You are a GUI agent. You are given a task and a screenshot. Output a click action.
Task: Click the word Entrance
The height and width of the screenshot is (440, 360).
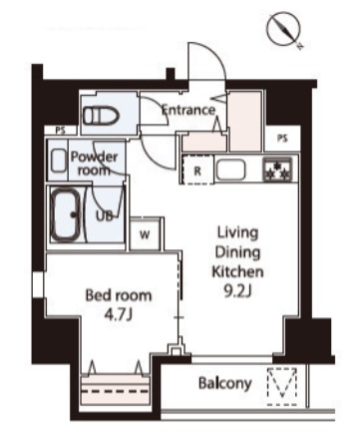[x=188, y=110]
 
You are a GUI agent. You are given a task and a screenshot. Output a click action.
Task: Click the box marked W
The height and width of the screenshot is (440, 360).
[x=146, y=235]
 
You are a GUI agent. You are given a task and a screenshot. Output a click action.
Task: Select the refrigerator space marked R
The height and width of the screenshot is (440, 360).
[x=197, y=171]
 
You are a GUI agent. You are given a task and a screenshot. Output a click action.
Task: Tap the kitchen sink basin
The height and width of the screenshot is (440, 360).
[x=236, y=170]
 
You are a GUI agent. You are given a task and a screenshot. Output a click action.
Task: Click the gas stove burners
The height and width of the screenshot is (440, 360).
[x=275, y=170]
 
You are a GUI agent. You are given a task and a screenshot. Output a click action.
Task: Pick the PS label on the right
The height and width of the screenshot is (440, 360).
[x=282, y=138]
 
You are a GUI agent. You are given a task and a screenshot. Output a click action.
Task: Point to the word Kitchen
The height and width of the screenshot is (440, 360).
[x=237, y=271]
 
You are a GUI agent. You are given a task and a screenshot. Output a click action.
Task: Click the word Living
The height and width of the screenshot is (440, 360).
[x=238, y=233]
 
